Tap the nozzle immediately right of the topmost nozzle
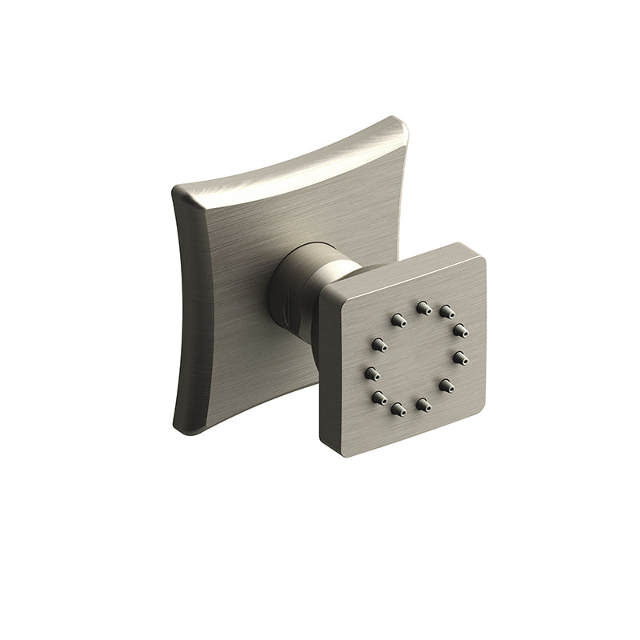(446, 312)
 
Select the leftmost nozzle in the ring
(371, 373)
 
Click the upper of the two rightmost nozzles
(460, 330)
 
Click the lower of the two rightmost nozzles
(460, 358)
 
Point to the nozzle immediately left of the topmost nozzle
(398, 320)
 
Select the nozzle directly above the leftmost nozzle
(378, 345)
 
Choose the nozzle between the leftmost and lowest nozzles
(378, 397)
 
